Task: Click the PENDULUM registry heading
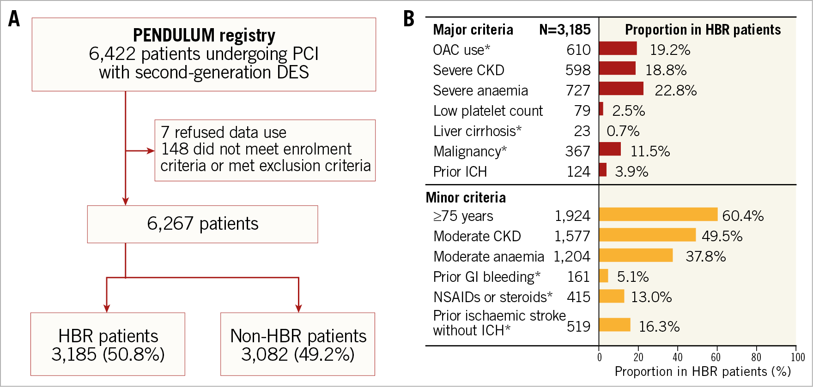tap(204, 36)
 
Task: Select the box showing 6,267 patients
tap(202, 224)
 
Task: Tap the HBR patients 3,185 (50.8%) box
tap(108, 344)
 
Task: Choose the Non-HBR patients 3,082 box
tap(298, 344)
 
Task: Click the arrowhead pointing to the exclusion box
tap(151, 151)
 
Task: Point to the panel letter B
tap(408, 19)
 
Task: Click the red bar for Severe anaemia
tap(621, 89)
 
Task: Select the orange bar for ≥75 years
tap(658, 214)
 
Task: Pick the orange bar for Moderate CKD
tap(647, 235)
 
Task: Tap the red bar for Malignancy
tap(610, 149)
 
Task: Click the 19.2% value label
tap(670, 50)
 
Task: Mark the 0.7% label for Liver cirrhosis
tap(623, 131)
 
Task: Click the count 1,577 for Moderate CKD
tap(572, 236)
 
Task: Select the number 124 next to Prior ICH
tap(578, 172)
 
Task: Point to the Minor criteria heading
tap(466, 197)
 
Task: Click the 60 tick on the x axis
tap(716, 357)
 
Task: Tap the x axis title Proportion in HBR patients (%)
tap(703, 372)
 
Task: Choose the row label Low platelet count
tap(488, 111)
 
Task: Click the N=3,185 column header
tap(564, 30)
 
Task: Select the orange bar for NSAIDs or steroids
tap(612, 296)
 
